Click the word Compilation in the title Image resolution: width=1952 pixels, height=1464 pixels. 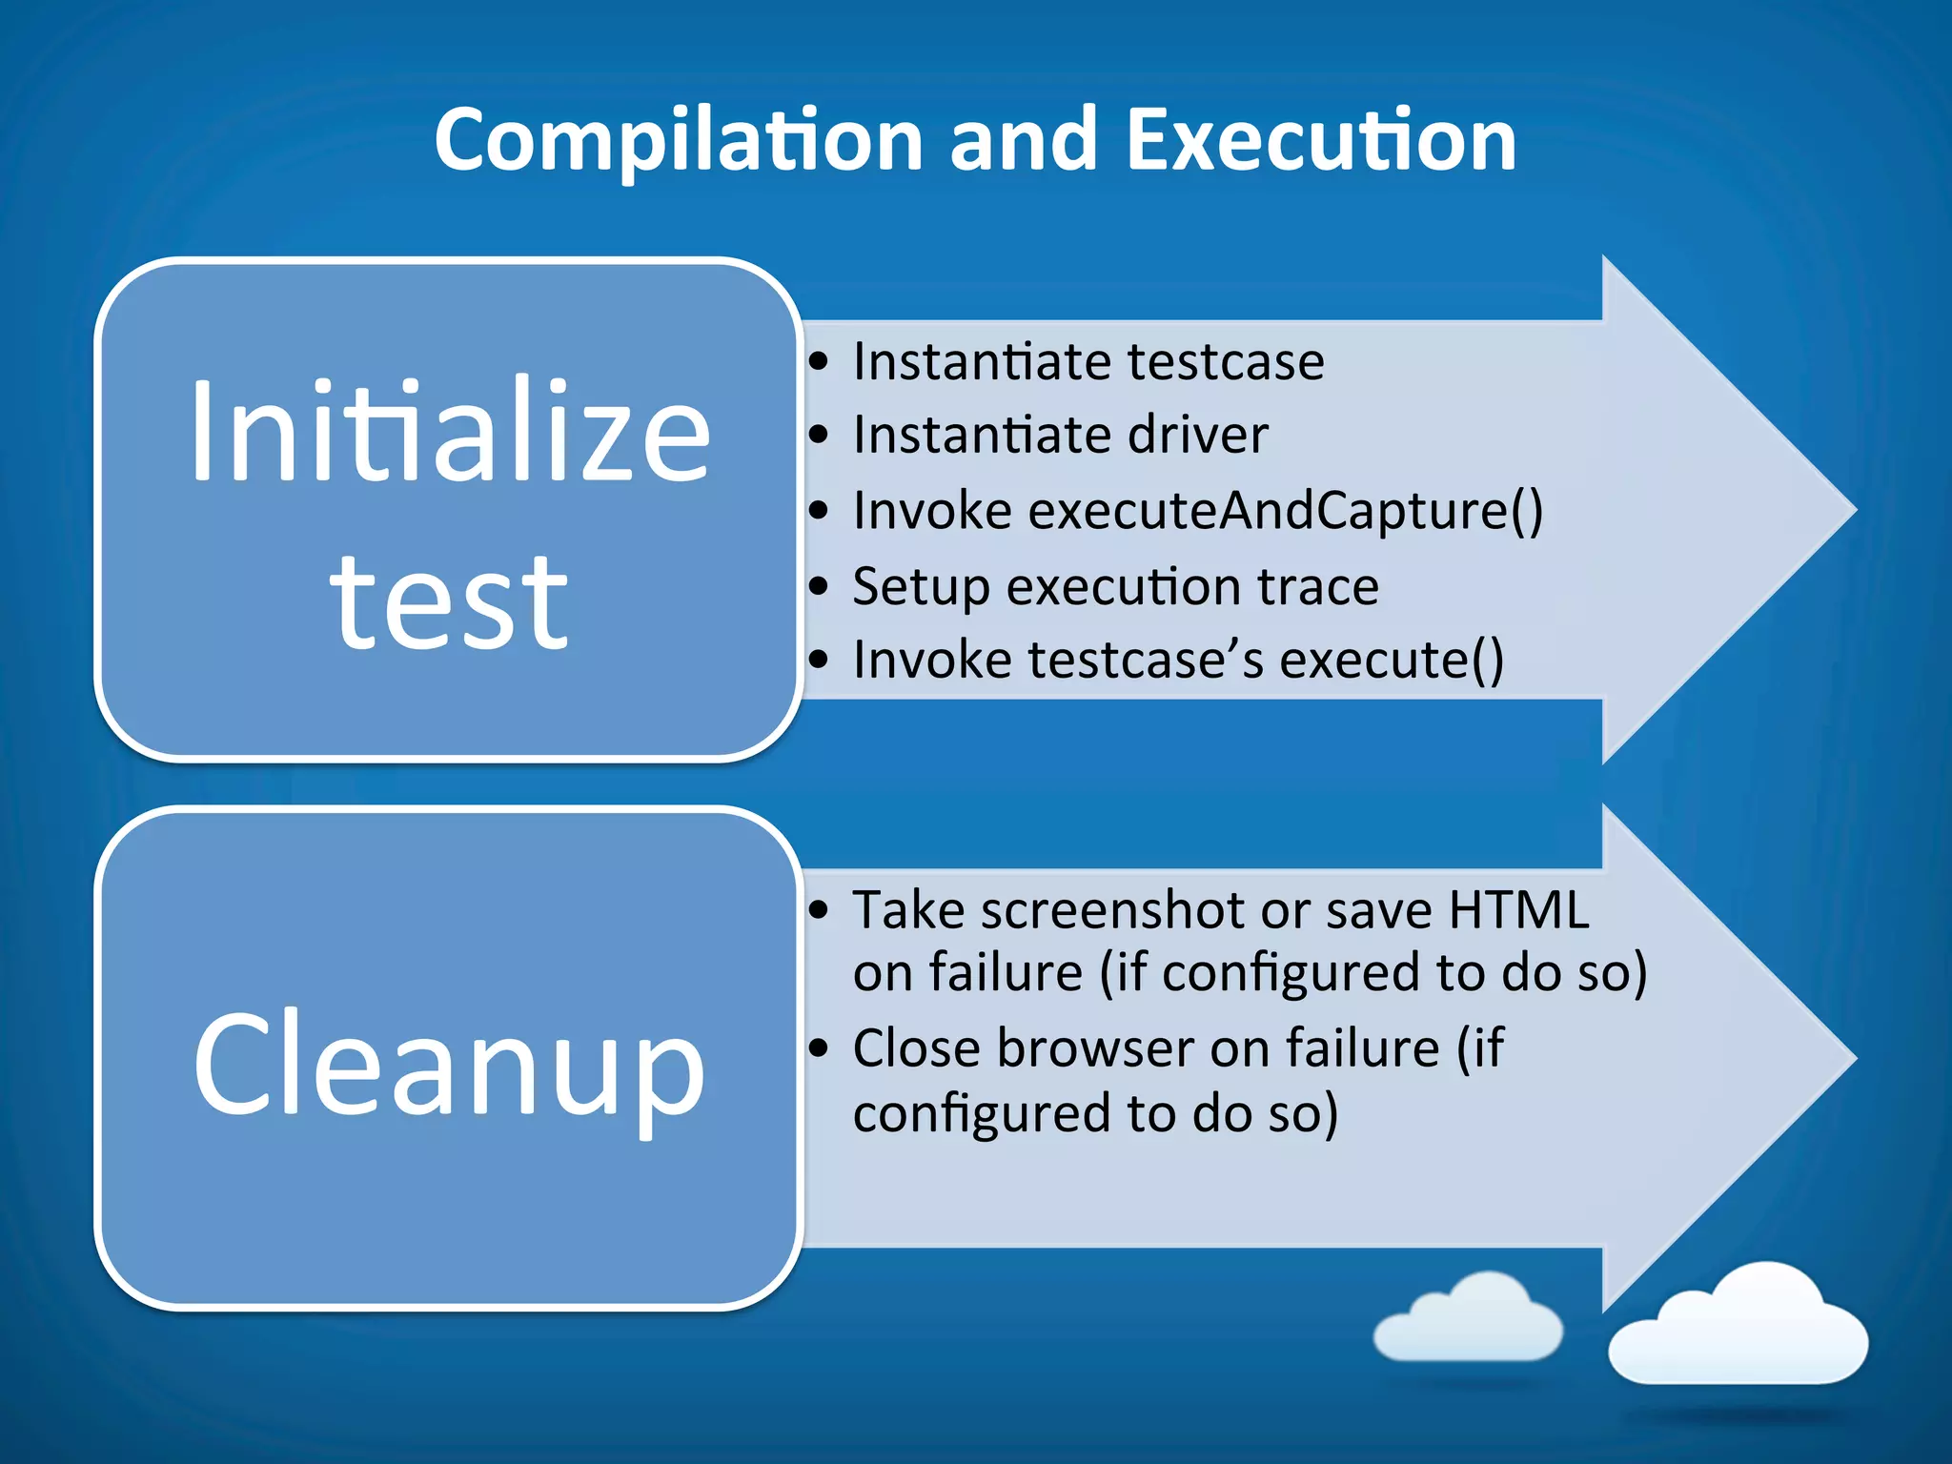(x=679, y=141)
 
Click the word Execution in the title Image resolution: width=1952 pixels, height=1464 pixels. (x=1321, y=141)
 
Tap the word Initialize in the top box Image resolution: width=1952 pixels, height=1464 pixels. (x=450, y=434)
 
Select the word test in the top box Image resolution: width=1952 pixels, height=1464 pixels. (x=450, y=603)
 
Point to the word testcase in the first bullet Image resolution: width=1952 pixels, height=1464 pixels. (x=1226, y=362)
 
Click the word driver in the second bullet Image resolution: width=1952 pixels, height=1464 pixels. (x=1198, y=436)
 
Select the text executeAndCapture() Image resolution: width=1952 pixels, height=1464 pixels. (x=1286, y=511)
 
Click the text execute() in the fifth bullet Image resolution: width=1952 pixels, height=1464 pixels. (x=1392, y=660)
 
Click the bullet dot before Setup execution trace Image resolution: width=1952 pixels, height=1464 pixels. (x=819, y=586)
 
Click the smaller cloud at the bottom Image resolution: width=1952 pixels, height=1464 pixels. (x=1469, y=1320)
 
